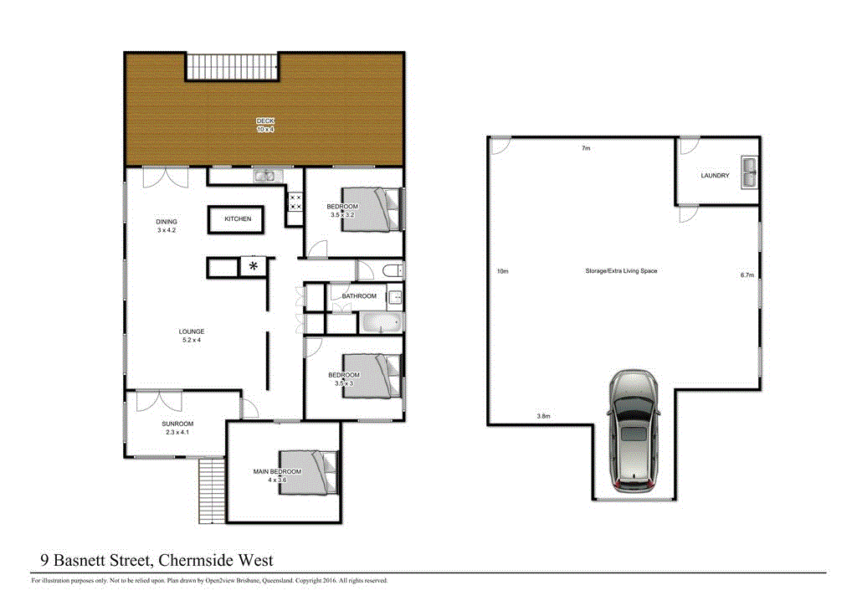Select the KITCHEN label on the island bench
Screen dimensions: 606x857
click(238, 219)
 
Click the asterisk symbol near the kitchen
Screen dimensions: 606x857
click(254, 267)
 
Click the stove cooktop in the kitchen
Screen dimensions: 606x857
click(295, 202)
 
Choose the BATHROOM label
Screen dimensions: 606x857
click(358, 296)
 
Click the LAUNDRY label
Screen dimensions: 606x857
click(715, 176)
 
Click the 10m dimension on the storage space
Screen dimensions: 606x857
click(502, 271)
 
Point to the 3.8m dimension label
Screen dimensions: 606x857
click(544, 416)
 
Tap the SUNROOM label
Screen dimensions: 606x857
click(177, 424)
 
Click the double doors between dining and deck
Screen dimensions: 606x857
click(166, 177)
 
